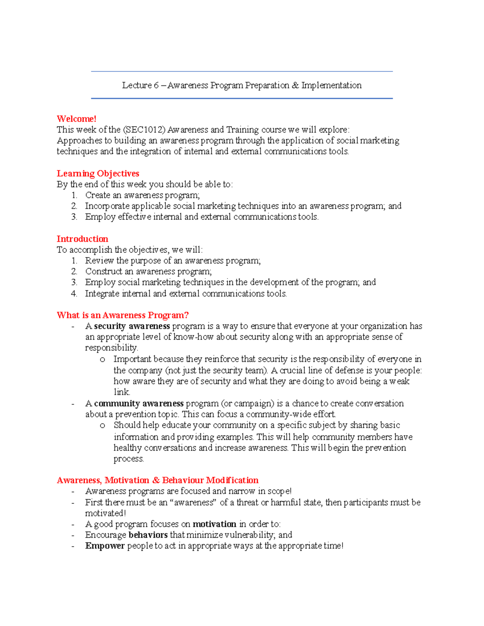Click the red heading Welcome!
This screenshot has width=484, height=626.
(76, 119)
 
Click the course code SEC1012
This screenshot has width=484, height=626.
(145, 130)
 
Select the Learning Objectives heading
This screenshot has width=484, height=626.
(98, 173)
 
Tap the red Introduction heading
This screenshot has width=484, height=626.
(82, 239)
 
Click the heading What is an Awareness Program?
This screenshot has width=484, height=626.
(123, 315)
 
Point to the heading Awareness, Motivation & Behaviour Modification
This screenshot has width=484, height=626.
(157, 480)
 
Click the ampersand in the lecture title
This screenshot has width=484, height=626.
(295, 85)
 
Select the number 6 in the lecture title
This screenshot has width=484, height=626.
(156, 85)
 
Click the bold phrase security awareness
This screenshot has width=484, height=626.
(132, 326)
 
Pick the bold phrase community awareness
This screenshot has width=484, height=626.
(139, 403)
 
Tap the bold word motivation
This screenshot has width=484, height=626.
(214, 524)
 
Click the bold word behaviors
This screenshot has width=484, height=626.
(148, 535)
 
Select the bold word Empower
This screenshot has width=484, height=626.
(105, 546)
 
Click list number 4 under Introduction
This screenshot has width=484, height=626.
(74, 293)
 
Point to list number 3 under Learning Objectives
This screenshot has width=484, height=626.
(74, 217)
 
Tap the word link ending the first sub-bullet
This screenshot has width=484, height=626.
(121, 392)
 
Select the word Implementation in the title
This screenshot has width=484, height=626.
(331, 85)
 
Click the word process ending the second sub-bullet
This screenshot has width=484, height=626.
(128, 459)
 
